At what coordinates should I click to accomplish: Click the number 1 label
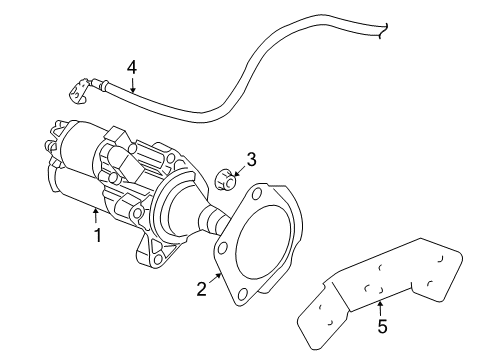(x=98, y=237)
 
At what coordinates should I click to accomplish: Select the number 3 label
(x=252, y=157)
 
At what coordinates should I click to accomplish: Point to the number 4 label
(x=130, y=68)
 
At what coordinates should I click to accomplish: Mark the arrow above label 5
(x=380, y=305)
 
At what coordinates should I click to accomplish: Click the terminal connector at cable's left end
(x=74, y=93)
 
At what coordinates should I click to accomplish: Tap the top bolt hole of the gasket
(x=263, y=190)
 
